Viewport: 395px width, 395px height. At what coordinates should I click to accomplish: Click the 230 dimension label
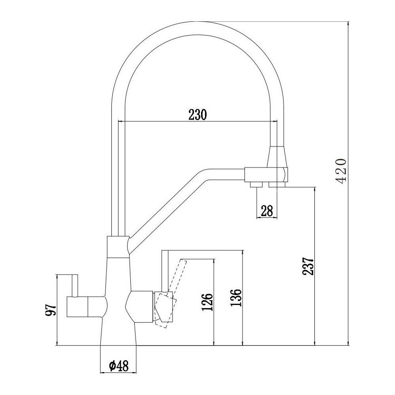197,115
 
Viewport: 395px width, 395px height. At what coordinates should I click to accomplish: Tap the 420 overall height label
341,171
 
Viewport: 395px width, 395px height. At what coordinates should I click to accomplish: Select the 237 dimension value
308,266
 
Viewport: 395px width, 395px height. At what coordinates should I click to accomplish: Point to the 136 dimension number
236,297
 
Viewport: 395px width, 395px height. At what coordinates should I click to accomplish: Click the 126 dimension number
207,302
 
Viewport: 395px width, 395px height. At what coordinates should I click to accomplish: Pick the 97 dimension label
50,309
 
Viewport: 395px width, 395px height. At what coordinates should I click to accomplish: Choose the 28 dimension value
267,211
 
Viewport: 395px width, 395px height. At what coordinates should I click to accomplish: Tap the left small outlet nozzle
256,184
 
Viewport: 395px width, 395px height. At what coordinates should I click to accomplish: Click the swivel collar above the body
118,247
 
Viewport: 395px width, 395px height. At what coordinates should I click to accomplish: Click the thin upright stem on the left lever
75,286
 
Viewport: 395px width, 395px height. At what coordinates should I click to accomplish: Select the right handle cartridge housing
141,307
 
